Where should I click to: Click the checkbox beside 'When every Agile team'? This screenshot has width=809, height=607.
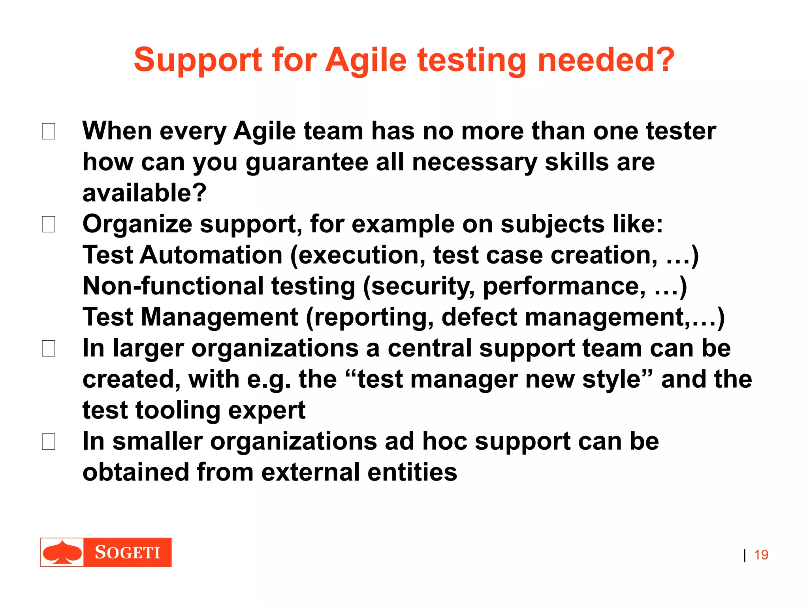click(49, 131)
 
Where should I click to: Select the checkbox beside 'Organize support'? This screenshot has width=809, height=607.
click(49, 224)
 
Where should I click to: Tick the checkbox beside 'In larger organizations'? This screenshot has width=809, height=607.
click(49, 349)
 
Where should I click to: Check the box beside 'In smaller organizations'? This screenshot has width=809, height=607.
click(49, 441)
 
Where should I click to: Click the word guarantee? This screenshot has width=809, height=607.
click(307, 163)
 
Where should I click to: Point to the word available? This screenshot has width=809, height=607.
click(144, 193)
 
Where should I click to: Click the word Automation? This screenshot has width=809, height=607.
click(211, 255)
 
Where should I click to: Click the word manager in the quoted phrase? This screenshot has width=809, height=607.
click(464, 379)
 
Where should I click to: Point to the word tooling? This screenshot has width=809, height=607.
click(178, 411)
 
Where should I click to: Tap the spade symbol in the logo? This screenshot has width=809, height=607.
click(62, 552)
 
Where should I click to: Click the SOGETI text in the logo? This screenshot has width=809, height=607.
click(127, 552)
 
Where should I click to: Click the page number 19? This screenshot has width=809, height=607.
click(761, 555)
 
